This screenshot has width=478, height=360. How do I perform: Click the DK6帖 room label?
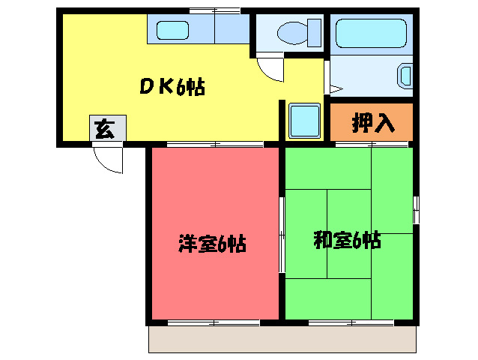172,87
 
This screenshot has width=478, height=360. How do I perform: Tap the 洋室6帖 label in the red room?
212,243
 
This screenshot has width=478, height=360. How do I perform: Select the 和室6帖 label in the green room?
346,240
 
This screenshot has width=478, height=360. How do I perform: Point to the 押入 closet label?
372,123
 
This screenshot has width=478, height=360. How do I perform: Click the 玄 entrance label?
104,130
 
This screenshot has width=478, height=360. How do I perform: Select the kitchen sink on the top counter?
174,31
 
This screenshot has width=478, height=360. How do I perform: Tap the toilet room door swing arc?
271,69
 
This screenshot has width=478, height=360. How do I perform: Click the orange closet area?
372,121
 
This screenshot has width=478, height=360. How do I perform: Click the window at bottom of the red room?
214,322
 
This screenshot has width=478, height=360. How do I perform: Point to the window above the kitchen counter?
214,10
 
